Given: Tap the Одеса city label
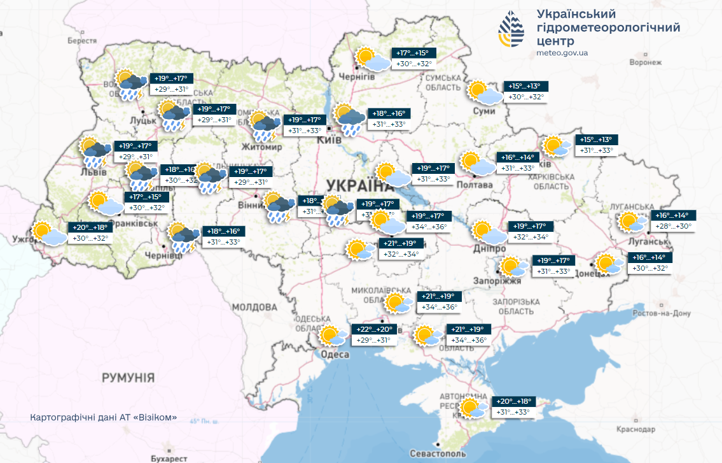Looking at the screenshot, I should tap(335, 355).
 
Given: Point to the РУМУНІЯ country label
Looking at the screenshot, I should tap(128, 378).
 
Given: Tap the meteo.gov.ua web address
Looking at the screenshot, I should tap(562, 53).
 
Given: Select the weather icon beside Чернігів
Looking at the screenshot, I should tap(373, 59).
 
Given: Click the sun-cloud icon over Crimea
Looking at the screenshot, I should tap(475, 408).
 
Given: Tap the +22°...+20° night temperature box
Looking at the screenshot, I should tap(375, 329).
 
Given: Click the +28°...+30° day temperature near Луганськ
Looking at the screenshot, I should tap(674, 227).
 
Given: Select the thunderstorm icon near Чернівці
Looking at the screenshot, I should tap(183, 238).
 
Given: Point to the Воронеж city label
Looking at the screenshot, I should tap(646, 62).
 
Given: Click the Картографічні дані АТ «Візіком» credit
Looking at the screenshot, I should tap(103, 418).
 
